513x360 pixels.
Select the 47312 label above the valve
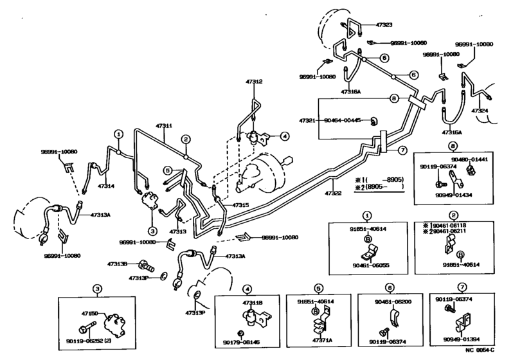(253, 82)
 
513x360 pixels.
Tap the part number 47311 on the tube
(164, 126)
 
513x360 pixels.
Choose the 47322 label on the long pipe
(333, 192)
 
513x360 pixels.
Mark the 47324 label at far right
(483, 111)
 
